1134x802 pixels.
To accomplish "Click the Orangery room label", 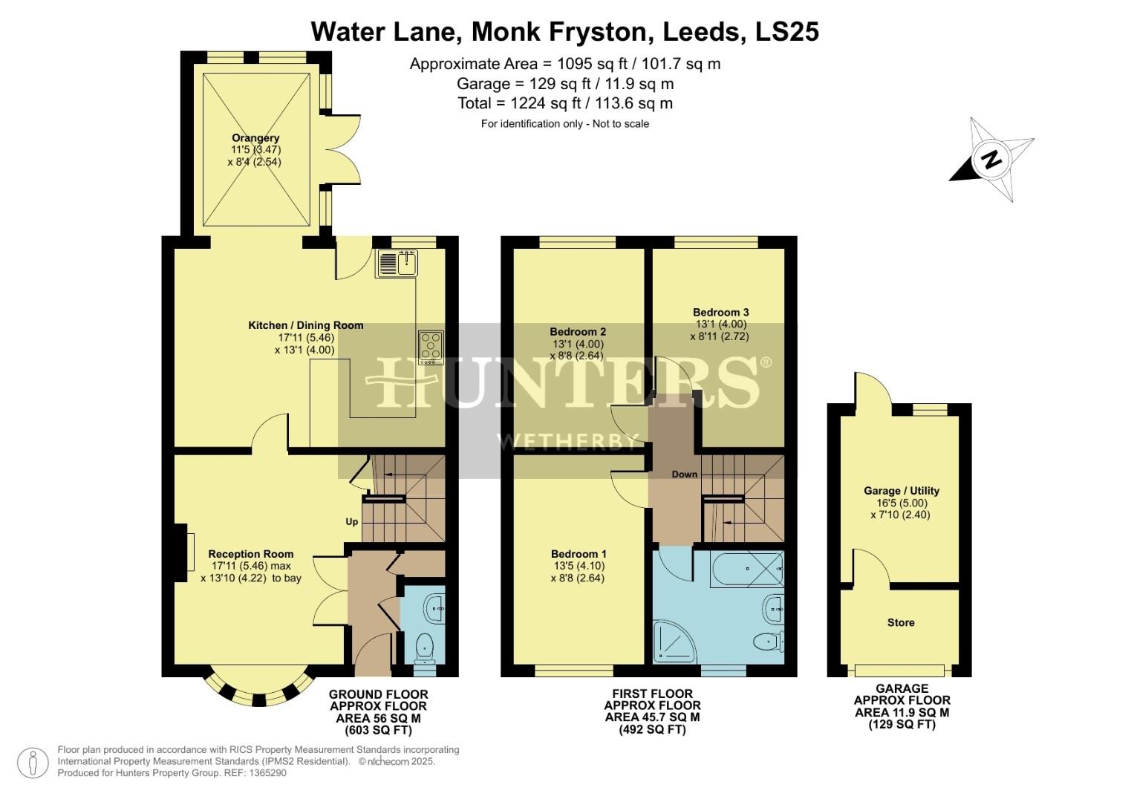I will (255, 138).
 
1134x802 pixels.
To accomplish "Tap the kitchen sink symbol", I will (398, 263).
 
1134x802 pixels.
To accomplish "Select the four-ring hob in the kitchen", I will (431, 347).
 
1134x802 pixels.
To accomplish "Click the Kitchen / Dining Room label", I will (305, 325).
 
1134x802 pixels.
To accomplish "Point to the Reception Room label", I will (250, 554).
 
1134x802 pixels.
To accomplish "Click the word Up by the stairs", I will (352, 521).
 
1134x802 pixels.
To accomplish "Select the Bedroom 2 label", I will (578, 332).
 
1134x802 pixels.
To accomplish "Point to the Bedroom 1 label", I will (579, 554).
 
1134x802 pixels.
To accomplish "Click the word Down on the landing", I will (684, 474).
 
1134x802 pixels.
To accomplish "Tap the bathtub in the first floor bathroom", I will (747, 570).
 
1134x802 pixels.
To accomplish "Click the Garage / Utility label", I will (901, 491).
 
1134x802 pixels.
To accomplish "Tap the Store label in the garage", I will (900, 622).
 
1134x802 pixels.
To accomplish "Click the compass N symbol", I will (991, 159).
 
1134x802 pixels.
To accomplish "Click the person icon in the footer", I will (33, 763).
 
